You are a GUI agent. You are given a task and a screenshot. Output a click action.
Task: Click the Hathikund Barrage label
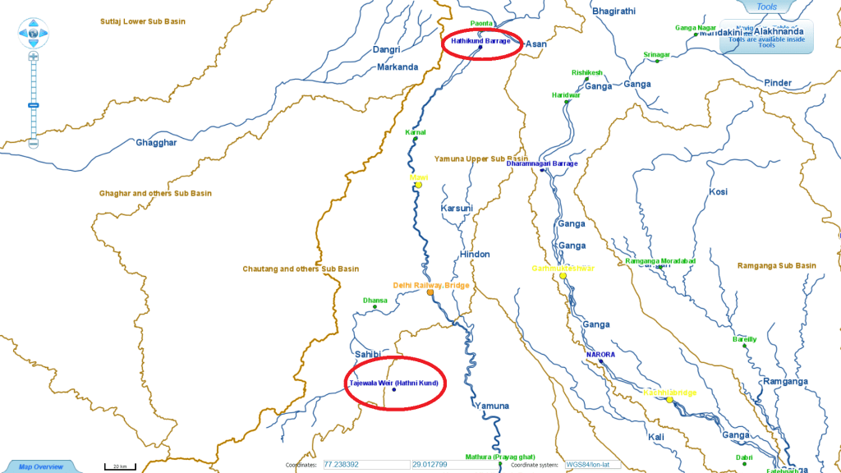tap(480, 40)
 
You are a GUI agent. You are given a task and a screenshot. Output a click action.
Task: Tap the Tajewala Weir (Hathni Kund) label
tap(394, 383)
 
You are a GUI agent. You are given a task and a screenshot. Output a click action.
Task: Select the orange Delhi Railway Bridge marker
tap(430, 292)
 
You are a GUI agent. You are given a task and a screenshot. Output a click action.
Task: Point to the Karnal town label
tap(416, 131)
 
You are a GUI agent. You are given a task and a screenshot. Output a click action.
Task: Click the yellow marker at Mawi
tap(418, 185)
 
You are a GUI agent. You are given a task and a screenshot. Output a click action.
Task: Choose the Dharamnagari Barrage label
tap(541, 163)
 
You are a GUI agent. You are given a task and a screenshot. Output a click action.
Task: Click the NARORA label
tap(600, 355)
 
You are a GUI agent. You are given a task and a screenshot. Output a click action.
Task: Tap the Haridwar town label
tap(566, 95)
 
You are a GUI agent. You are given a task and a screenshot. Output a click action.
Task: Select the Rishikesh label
tap(586, 72)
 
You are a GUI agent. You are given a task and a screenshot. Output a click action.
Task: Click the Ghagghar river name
tap(155, 142)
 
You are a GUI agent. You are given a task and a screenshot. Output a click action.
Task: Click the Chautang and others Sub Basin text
tap(301, 269)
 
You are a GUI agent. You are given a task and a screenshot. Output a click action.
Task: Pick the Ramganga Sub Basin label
tap(776, 266)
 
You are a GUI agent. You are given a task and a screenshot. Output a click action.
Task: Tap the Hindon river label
tap(474, 255)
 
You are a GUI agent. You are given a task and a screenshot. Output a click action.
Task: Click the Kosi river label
tap(718, 192)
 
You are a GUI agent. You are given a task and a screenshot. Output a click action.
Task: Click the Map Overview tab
tap(40, 466)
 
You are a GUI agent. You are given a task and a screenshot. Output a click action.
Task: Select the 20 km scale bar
tap(119, 466)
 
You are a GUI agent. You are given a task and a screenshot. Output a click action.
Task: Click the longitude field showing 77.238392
tap(365, 464)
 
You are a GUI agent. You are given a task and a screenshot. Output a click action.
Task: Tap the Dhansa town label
tap(375, 301)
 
